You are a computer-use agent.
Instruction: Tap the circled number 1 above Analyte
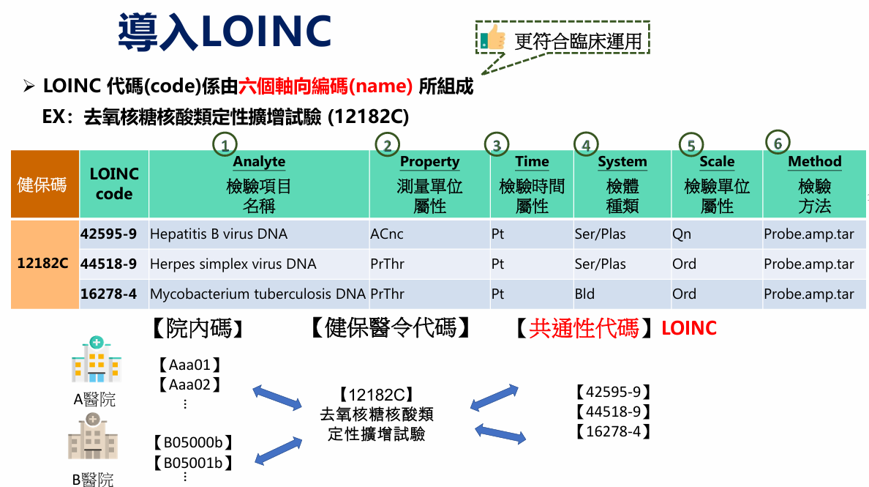(x=225, y=144)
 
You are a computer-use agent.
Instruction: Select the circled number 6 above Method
(x=778, y=142)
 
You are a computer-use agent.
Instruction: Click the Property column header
(x=429, y=162)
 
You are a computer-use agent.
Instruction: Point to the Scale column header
(x=716, y=162)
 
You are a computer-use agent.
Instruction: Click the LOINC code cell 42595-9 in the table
(x=108, y=234)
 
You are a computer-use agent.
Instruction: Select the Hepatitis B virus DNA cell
(x=219, y=234)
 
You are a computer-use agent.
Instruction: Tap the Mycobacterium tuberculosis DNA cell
(x=257, y=294)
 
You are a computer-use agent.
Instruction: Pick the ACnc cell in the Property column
(x=387, y=234)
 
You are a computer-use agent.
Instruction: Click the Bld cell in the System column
(x=584, y=294)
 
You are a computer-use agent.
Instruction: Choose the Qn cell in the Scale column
(x=681, y=234)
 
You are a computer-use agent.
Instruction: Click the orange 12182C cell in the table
(x=43, y=264)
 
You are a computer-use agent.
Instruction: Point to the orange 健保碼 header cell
(x=43, y=184)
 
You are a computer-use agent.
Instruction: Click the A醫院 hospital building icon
(x=96, y=360)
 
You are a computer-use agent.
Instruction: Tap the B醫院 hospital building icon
(x=93, y=436)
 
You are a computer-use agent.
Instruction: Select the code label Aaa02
(x=189, y=384)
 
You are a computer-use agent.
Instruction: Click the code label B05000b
(x=192, y=442)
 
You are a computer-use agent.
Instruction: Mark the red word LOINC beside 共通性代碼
(x=688, y=328)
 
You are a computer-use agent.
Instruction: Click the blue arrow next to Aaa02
(x=277, y=397)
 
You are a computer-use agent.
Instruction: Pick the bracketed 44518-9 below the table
(x=612, y=412)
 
